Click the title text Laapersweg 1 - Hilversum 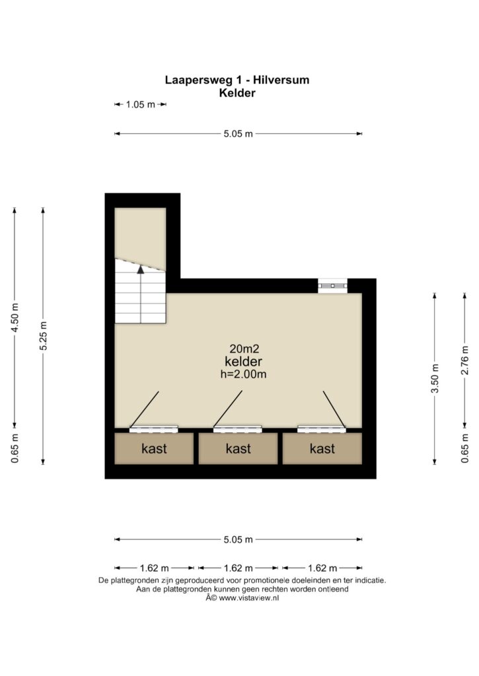tap(237, 80)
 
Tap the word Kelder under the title tap(237, 92)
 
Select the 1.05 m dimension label tap(140, 104)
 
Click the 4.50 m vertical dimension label tap(15, 318)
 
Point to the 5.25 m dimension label tap(43, 336)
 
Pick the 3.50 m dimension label tap(435, 378)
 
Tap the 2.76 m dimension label tap(464, 360)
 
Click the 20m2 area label tap(244, 349)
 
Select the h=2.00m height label tap(243, 374)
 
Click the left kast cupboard tap(154, 448)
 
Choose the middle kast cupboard tap(239, 448)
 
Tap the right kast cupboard tap(322, 448)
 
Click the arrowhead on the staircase tap(141, 269)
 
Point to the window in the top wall tap(333, 285)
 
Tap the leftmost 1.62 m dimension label tap(154, 568)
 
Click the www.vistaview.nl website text tap(249, 598)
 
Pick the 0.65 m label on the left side tap(15, 449)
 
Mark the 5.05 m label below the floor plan tap(239, 539)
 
